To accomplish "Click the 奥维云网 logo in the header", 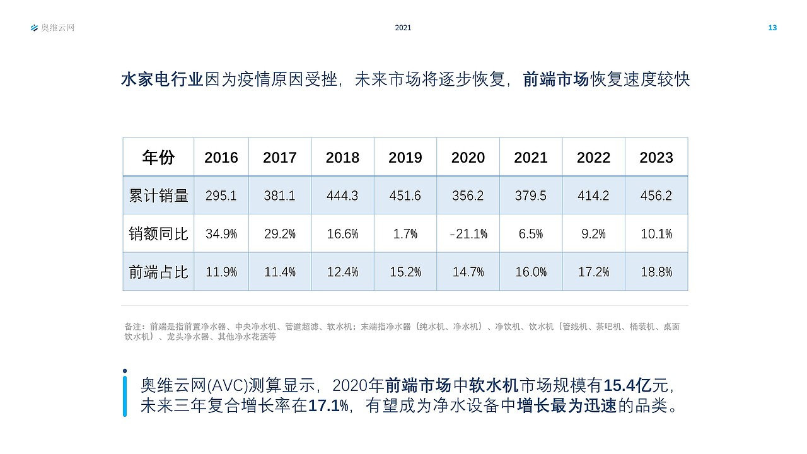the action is [52, 28].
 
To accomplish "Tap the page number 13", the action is [772, 28].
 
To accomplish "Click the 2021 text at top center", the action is [403, 28].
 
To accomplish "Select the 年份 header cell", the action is [158, 157].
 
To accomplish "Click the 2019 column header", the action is [405, 157].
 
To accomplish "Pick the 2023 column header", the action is [656, 157].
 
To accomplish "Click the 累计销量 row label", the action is [158, 195].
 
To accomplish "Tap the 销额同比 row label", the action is [158, 234].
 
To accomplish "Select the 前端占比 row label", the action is [158, 272].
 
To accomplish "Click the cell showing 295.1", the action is [221, 195].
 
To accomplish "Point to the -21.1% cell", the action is [468, 234].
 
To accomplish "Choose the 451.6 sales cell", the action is [405, 195].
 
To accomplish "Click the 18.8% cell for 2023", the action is [656, 272].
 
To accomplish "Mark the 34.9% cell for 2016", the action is [221, 234].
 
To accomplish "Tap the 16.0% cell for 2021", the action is [531, 272].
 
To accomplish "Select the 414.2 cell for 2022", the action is [593, 195].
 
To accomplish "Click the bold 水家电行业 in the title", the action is [162, 79].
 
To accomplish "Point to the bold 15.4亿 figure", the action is [627, 385].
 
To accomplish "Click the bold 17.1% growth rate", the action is [328, 405].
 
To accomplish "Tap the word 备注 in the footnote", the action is [133, 327].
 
